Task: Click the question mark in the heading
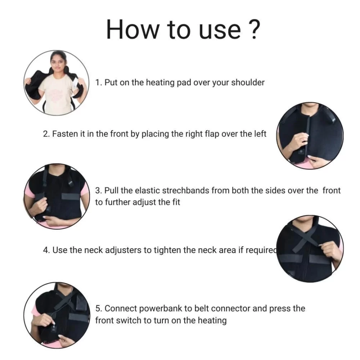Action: [x=255, y=29]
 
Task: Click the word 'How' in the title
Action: [x=133, y=30]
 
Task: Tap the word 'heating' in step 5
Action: [x=212, y=320]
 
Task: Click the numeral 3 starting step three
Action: [x=98, y=190]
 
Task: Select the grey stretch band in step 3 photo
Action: [x=71, y=197]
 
